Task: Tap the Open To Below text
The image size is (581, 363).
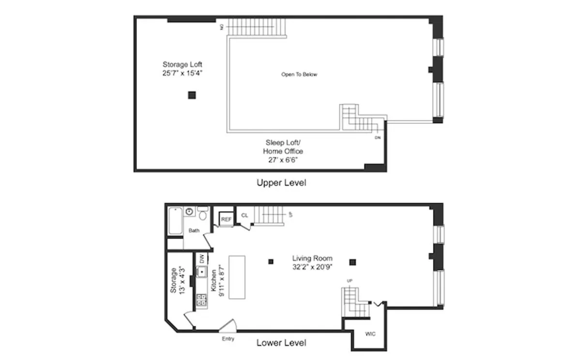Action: click(x=299, y=75)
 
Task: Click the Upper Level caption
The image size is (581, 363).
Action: click(x=281, y=183)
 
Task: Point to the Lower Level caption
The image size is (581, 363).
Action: click(x=281, y=343)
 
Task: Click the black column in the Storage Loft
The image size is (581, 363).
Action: click(x=192, y=95)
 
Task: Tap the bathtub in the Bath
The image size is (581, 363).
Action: click(x=175, y=221)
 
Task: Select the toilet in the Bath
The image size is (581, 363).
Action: click(x=203, y=213)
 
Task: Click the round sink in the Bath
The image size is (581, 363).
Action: click(x=189, y=212)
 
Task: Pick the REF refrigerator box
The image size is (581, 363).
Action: click(x=226, y=219)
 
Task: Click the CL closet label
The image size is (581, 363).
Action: click(x=245, y=215)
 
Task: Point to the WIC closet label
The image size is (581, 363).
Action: click(x=370, y=334)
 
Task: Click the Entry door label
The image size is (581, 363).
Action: click(x=228, y=339)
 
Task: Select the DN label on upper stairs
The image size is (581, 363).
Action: click(x=377, y=138)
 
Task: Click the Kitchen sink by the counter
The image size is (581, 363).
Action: click(x=201, y=272)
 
